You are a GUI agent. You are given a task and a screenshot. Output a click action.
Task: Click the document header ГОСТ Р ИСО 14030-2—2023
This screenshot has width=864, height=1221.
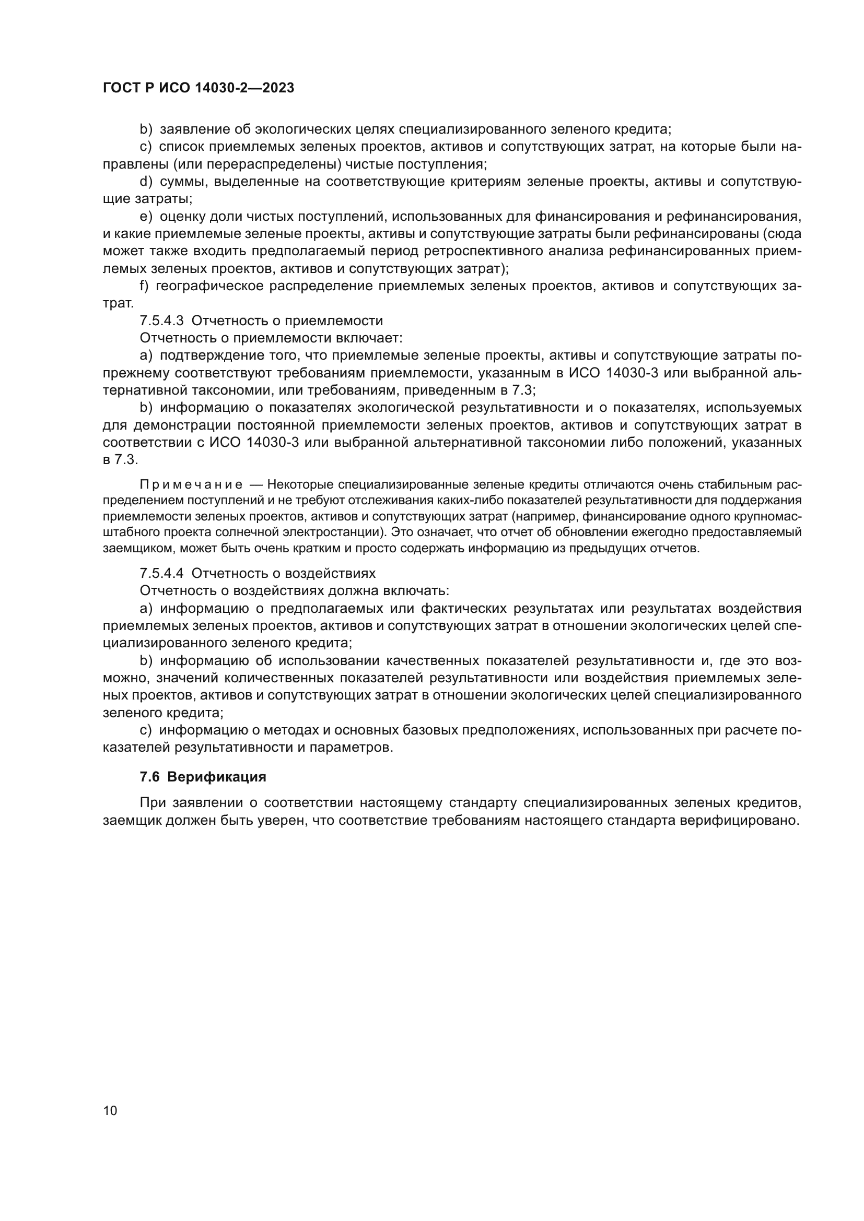click(x=198, y=88)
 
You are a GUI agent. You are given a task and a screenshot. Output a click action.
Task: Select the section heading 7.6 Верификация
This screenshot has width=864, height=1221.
click(x=203, y=777)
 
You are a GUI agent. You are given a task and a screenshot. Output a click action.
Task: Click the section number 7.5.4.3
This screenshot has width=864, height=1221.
click(x=161, y=321)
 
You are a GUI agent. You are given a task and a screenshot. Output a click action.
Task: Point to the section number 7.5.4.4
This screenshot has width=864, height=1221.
click(x=161, y=573)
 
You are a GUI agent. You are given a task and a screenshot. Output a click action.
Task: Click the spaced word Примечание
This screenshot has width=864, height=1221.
click(x=191, y=485)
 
